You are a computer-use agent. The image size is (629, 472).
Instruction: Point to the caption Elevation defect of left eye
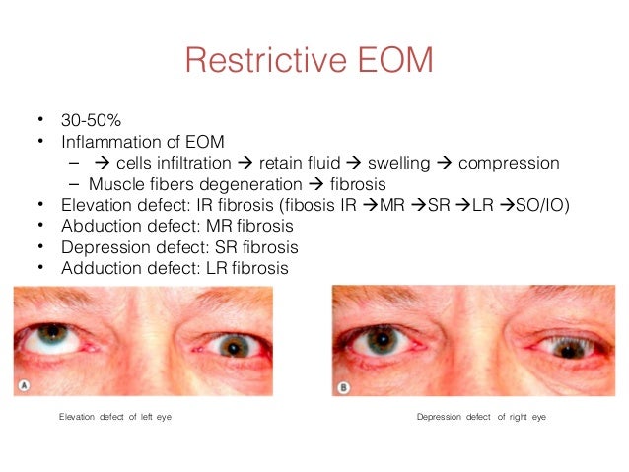[x=122, y=418]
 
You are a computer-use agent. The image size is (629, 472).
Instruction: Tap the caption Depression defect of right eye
[x=481, y=418]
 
